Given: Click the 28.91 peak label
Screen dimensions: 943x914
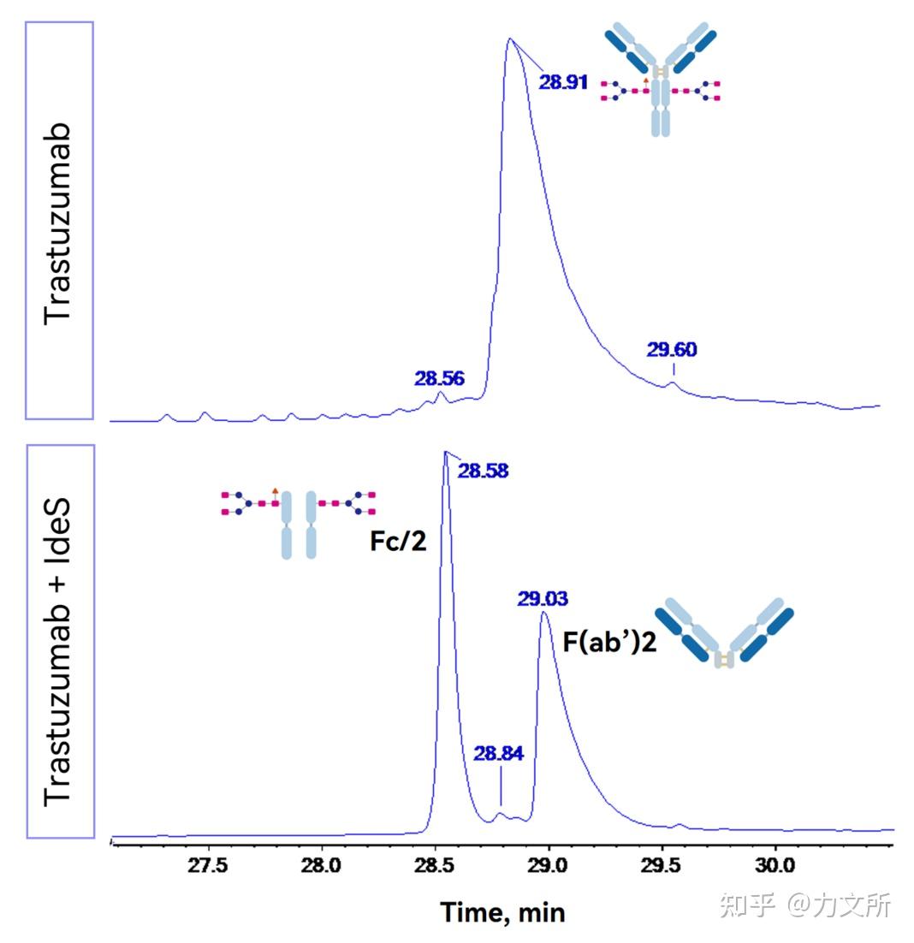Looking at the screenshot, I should [563, 82].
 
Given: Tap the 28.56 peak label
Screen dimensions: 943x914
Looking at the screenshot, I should [440, 379].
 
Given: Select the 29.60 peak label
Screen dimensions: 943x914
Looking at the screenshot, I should [672, 349].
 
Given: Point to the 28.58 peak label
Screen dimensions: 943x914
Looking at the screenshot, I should [483, 470].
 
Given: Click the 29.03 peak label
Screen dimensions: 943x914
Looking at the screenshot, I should [542, 598].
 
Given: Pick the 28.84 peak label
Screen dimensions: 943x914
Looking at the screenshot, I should [499, 753].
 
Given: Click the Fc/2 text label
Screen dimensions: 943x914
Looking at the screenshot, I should [398, 543].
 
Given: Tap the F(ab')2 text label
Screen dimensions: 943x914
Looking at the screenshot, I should [608, 642].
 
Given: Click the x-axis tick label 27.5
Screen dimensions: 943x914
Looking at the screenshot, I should [208, 864].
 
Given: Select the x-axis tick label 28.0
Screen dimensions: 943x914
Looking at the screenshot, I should [322, 864].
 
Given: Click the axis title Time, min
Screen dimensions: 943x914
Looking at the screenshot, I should [503, 912].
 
